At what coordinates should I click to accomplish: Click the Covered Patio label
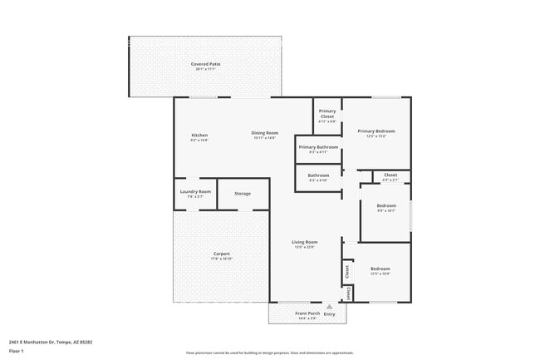click(206, 64)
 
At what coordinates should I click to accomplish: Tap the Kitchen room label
click(199, 135)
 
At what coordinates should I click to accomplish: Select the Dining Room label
click(265, 133)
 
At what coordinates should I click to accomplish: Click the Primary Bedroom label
click(376, 131)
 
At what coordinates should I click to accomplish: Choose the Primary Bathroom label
click(318, 147)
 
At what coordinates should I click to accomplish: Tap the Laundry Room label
click(195, 192)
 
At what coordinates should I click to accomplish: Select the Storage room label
click(243, 194)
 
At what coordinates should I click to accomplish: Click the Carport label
click(221, 254)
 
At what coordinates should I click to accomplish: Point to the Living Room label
click(305, 242)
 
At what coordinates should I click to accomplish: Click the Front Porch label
click(307, 313)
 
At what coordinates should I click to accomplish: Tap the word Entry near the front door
click(330, 314)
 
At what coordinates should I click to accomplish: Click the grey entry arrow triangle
click(329, 306)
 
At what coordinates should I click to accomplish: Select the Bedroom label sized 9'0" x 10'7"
click(386, 205)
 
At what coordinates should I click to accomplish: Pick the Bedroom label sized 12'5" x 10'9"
click(380, 269)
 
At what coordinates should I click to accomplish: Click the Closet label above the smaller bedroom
click(390, 175)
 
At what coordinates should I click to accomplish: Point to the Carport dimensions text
click(221, 259)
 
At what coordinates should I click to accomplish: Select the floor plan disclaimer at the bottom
click(269, 353)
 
